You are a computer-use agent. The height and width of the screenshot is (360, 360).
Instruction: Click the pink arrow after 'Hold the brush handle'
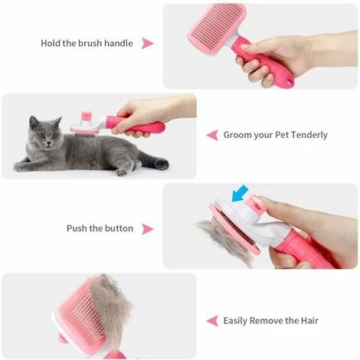(147, 44)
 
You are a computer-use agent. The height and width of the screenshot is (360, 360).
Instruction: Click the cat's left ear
(33, 122)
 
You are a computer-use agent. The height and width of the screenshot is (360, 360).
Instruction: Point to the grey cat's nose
(47, 141)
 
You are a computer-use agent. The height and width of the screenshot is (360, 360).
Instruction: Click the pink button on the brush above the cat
(87, 116)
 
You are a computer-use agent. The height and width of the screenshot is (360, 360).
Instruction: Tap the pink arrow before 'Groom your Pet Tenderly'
(212, 135)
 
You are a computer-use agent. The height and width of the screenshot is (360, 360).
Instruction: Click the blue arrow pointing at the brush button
(240, 193)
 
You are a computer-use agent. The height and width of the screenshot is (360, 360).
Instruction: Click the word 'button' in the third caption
(119, 228)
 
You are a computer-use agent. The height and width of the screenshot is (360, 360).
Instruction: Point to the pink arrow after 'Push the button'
(147, 229)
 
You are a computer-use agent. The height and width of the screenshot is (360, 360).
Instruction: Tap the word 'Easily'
(235, 321)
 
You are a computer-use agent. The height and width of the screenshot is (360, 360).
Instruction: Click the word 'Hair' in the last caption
(309, 320)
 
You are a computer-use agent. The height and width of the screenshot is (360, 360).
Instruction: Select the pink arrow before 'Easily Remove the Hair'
(212, 321)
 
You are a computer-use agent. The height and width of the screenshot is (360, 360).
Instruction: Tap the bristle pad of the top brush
(217, 28)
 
